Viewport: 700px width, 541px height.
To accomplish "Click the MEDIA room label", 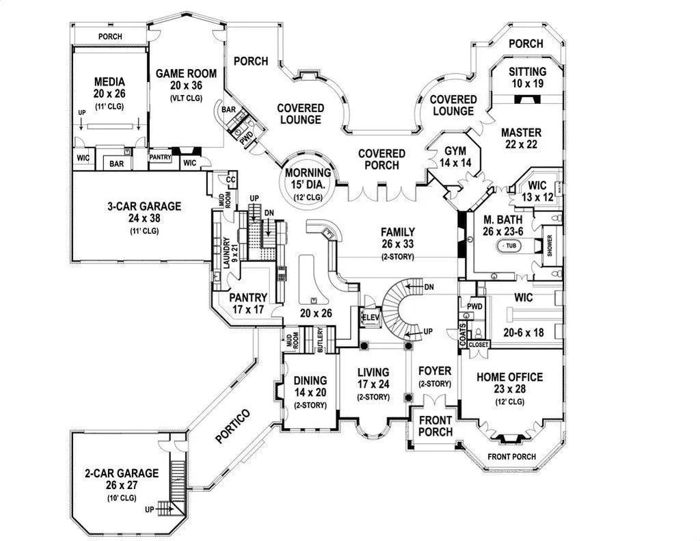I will [110, 82].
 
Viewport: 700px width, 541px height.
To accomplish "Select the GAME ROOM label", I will [186, 74].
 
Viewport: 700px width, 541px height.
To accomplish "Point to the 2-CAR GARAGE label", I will [122, 473].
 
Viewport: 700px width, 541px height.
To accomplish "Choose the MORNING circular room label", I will [308, 172].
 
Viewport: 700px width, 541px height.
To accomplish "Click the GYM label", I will [455, 151].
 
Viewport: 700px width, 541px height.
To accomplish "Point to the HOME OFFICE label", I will [510, 377].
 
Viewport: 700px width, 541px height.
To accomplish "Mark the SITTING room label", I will [528, 72].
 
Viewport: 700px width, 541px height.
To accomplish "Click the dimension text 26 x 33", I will [399, 244].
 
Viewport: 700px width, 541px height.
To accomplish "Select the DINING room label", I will [310, 380].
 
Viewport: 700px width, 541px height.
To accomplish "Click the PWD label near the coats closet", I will [474, 306].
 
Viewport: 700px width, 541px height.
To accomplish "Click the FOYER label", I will [434, 373].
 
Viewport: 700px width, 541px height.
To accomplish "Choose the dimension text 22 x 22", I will [521, 144].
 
